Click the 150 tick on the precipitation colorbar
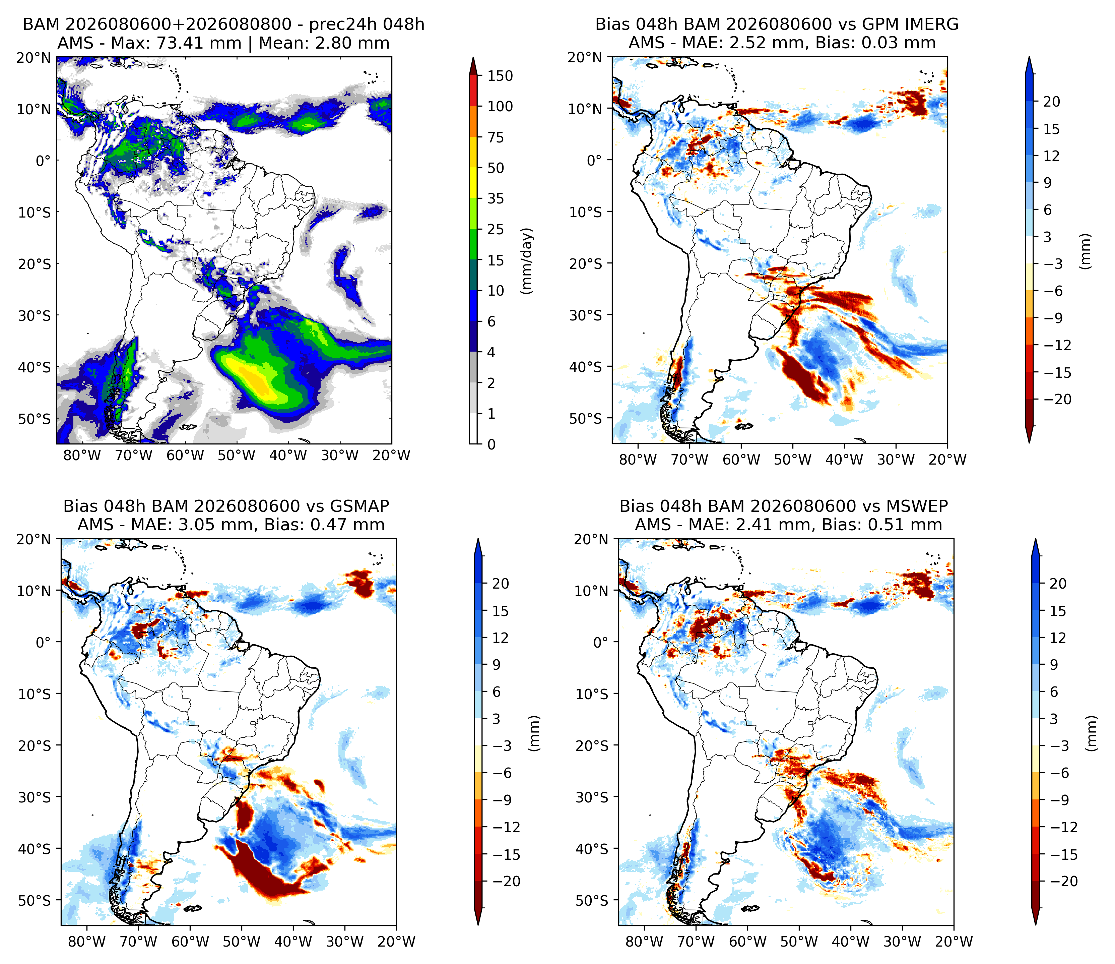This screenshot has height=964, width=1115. (500, 76)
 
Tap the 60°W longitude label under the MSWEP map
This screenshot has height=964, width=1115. (748, 942)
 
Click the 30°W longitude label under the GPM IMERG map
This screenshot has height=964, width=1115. (896, 460)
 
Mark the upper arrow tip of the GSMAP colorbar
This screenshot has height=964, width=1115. (478, 539)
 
